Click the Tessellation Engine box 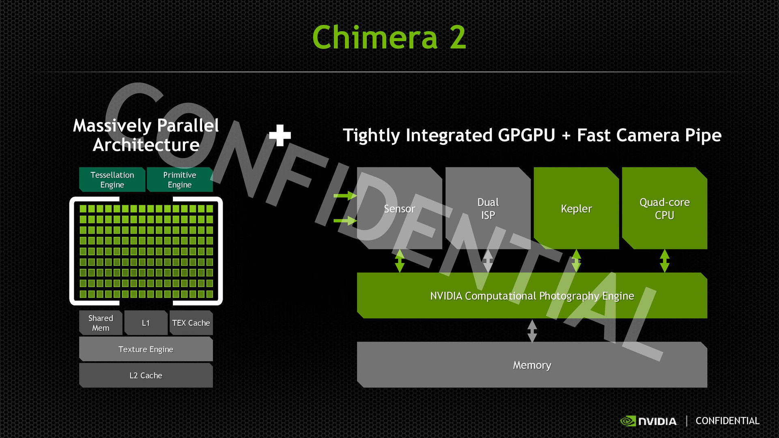[x=112, y=180]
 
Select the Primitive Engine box [x=180, y=180]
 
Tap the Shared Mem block [x=101, y=323]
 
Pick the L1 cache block [x=146, y=323]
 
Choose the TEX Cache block [x=191, y=323]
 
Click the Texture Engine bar [x=146, y=349]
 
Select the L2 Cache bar [x=146, y=376]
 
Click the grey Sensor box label [x=400, y=209]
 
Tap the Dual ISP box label [x=488, y=208]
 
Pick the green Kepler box [x=577, y=208]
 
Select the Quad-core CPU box [x=665, y=208]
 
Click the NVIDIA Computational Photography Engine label [x=532, y=296]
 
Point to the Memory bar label [x=532, y=365]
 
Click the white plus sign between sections [x=280, y=135]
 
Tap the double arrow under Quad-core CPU [x=665, y=261]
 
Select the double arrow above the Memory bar [x=532, y=331]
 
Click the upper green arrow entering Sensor [x=345, y=196]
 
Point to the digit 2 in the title [x=458, y=37]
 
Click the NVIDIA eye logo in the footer [x=628, y=421]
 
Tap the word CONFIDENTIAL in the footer [x=727, y=421]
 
